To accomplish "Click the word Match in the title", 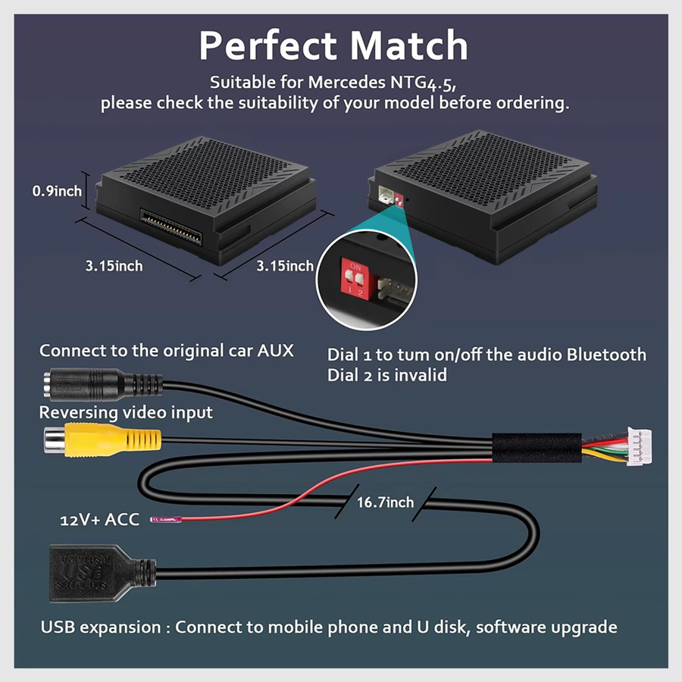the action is point(409,45).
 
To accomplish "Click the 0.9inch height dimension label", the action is point(57,191).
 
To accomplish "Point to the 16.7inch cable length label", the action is point(386,502).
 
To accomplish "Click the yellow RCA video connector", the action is point(102,440).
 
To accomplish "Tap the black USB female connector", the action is point(102,573).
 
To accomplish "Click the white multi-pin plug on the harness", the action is point(639,446).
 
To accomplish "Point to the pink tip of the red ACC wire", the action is point(166,519).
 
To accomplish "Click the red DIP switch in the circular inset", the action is point(355,278).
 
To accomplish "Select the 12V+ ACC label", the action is point(99,520).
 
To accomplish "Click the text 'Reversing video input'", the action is point(126,412).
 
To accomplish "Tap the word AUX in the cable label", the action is point(275,351).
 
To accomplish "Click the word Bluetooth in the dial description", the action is point(606,355).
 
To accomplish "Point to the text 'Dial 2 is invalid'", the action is point(387,375).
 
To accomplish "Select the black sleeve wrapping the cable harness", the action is point(537,448).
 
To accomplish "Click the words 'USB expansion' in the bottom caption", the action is point(101,627).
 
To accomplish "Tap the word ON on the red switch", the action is point(355,267).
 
